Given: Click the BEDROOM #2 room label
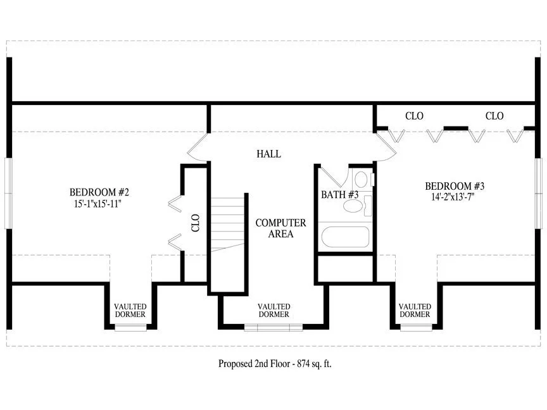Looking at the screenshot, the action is pyautogui.click(x=99, y=192).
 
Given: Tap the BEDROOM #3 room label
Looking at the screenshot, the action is pyautogui.click(x=455, y=186).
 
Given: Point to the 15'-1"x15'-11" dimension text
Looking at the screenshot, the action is pyautogui.click(x=97, y=204).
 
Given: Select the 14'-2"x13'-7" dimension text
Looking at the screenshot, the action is pyautogui.click(x=453, y=197).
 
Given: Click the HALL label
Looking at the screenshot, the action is pyautogui.click(x=268, y=154).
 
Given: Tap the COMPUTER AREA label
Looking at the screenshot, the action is pyautogui.click(x=281, y=228).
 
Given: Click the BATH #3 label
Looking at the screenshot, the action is pyautogui.click(x=339, y=194).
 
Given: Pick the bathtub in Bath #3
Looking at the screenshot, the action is pyautogui.click(x=345, y=237).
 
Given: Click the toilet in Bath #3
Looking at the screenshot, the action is pyautogui.click(x=361, y=179).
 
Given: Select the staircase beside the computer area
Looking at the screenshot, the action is pyautogui.click(x=227, y=225).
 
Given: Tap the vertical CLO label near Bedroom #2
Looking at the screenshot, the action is pyautogui.click(x=196, y=223).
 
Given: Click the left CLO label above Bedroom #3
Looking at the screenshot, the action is pyautogui.click(x=414, y=116).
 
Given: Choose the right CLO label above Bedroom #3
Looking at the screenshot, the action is pyautogui.click(x=494, y=116).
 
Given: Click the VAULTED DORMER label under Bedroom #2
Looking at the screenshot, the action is pyautogui.click(x=130, y=310).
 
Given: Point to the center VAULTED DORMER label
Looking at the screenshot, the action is pyautogui.click(x=274, y=310).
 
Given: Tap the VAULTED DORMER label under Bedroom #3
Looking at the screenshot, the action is pyautogui.click(x=415, y=310).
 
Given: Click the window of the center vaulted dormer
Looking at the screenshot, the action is pyautogui.click(x=273, y=327).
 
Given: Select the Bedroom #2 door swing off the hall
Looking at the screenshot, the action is pyautogui.click(x=198, y=148).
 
